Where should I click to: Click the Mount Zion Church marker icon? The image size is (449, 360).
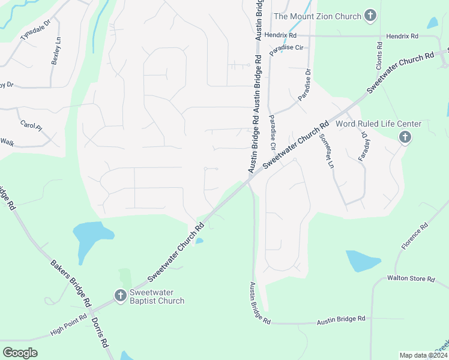click(x=370, y=16)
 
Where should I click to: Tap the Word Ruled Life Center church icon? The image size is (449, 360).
click(x=405, y=137)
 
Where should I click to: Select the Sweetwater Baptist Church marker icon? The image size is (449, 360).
click(x=120, y=295)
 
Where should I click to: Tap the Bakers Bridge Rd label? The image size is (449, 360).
click(x=70, y=281)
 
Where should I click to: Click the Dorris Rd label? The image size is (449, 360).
click(x=100, y=332)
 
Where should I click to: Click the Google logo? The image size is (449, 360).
click(x=20, y=353)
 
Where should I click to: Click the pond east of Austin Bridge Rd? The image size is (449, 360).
click(x=363, y=261)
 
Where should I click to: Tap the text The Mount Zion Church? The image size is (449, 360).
click(x=318, y=16)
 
